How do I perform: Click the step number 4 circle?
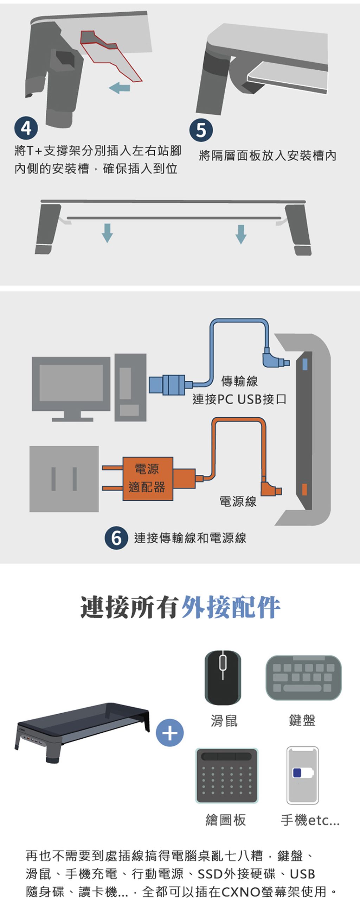(26, 128)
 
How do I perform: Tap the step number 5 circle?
(201, 130)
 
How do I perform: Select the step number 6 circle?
(116, 538)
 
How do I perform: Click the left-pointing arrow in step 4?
(120, 87)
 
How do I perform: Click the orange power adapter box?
(148, 478)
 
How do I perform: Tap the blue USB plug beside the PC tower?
(167, 384)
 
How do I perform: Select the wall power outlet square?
(64, 479)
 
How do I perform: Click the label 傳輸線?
(239, 381)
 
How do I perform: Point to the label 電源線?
(238, 501)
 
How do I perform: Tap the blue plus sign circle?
(170, 733)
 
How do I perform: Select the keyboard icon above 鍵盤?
(303, 677)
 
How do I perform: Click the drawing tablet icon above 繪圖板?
(227, 776)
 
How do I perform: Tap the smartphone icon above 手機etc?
(302, 775)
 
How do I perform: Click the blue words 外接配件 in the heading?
(231, 607)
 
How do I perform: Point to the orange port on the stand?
(304, 489)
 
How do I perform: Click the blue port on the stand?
(304, 364)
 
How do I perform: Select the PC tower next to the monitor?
(130, 387)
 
